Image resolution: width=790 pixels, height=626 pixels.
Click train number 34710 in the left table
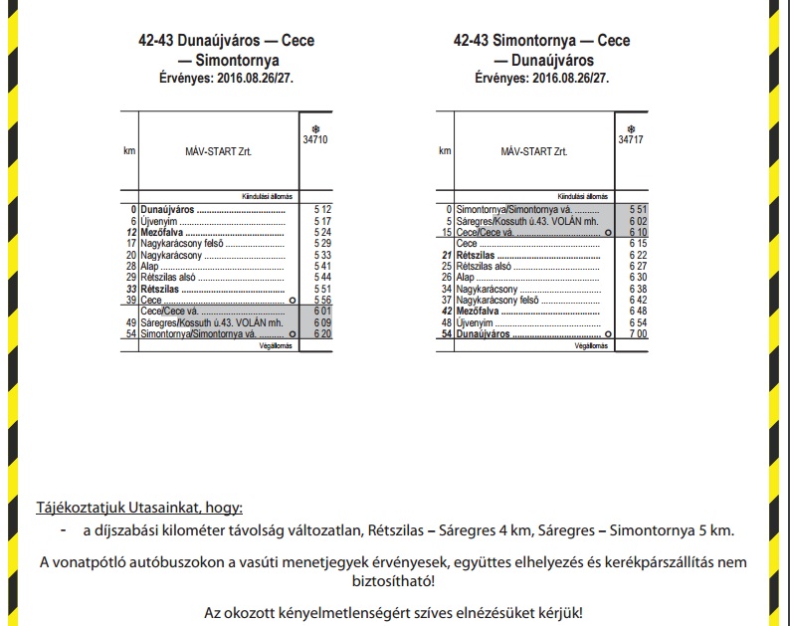click(316, 140)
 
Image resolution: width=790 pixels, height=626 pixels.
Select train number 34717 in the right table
click(631, 140)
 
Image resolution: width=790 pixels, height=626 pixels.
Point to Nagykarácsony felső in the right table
click(496, 300)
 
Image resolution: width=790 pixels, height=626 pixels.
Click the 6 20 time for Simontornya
click(321, 334)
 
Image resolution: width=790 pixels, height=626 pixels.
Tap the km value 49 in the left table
click(130, 323)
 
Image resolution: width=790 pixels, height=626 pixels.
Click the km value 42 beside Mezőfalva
click(447, 312)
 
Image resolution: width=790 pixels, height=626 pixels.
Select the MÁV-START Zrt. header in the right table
click(534, 151)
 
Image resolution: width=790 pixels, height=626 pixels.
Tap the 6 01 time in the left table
click(321, 312)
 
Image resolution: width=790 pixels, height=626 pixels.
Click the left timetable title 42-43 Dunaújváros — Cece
click(226, 41)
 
